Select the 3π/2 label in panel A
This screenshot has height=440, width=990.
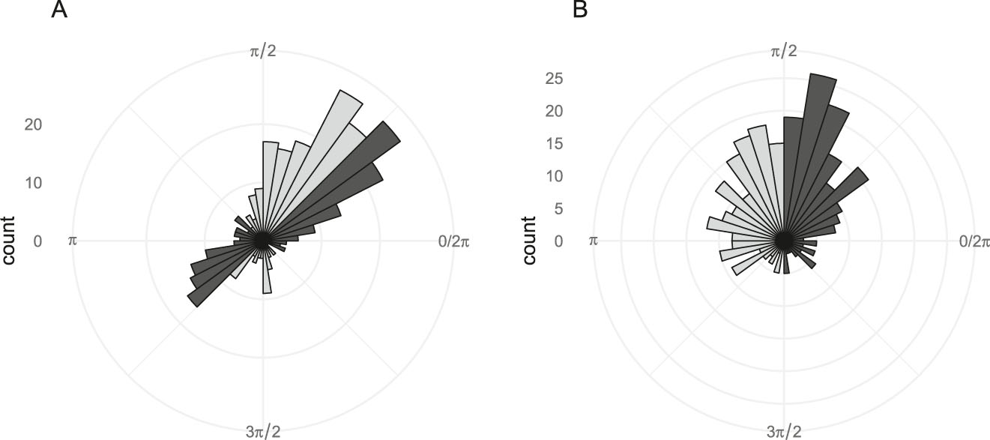[262, 431]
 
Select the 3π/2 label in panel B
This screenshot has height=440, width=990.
[784, 431]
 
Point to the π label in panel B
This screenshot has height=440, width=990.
[594, 241]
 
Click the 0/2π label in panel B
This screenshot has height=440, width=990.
[974, 241]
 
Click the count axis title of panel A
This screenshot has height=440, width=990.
[10, 241]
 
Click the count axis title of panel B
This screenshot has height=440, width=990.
[530, 241]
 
